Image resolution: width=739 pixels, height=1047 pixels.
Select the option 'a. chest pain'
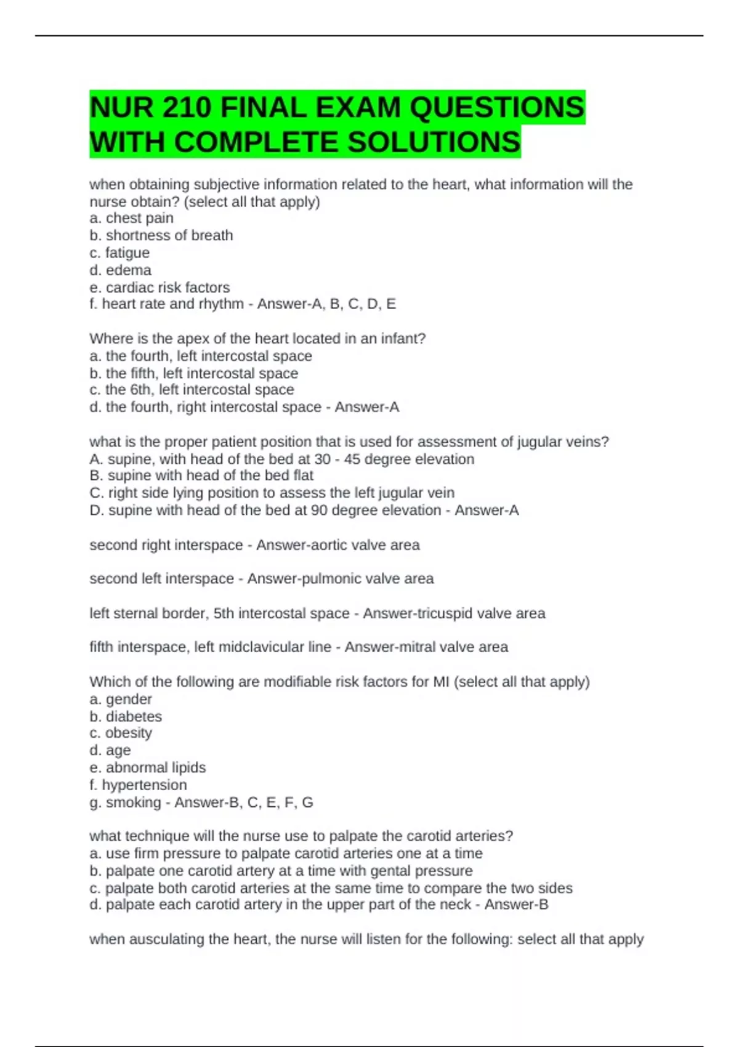click(x=131, y=218)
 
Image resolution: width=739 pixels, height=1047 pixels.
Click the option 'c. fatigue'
click(x=119, y=253)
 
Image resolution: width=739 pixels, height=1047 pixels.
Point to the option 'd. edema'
click(x=120, y=270)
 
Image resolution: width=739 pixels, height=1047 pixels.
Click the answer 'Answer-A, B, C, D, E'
click(x=326, y=304)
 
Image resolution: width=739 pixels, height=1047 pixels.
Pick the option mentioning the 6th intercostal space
click(x=192, y=389)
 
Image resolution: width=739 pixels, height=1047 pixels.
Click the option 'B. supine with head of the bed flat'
click(x=201, y=475)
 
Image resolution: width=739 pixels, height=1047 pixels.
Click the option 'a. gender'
click(x=121, y=699)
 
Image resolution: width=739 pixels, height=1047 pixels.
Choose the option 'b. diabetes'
click(x=126, y=716)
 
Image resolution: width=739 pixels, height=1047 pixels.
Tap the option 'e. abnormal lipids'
click(x=148, y=767)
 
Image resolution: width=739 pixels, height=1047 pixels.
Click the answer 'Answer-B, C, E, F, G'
click(x=244, y=802)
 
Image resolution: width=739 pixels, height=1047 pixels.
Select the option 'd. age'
click(x=110, y=750)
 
